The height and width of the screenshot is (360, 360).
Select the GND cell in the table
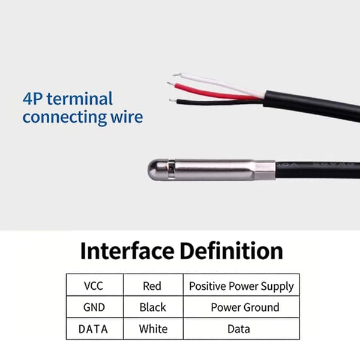point(95,307)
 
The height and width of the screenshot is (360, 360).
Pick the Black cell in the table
point(153,307)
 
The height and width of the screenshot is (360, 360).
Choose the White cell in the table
point(153,329)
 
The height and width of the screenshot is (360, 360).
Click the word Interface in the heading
point(127,251)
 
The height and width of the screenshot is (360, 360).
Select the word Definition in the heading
point(232,251)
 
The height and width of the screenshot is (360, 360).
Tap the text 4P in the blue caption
point(32,99)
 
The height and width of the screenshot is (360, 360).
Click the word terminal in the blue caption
point(80,99)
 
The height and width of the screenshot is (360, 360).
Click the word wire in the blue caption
point(127,117)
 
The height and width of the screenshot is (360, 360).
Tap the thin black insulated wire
point(219,102)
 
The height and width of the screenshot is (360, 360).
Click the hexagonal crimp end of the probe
point(265,170)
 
